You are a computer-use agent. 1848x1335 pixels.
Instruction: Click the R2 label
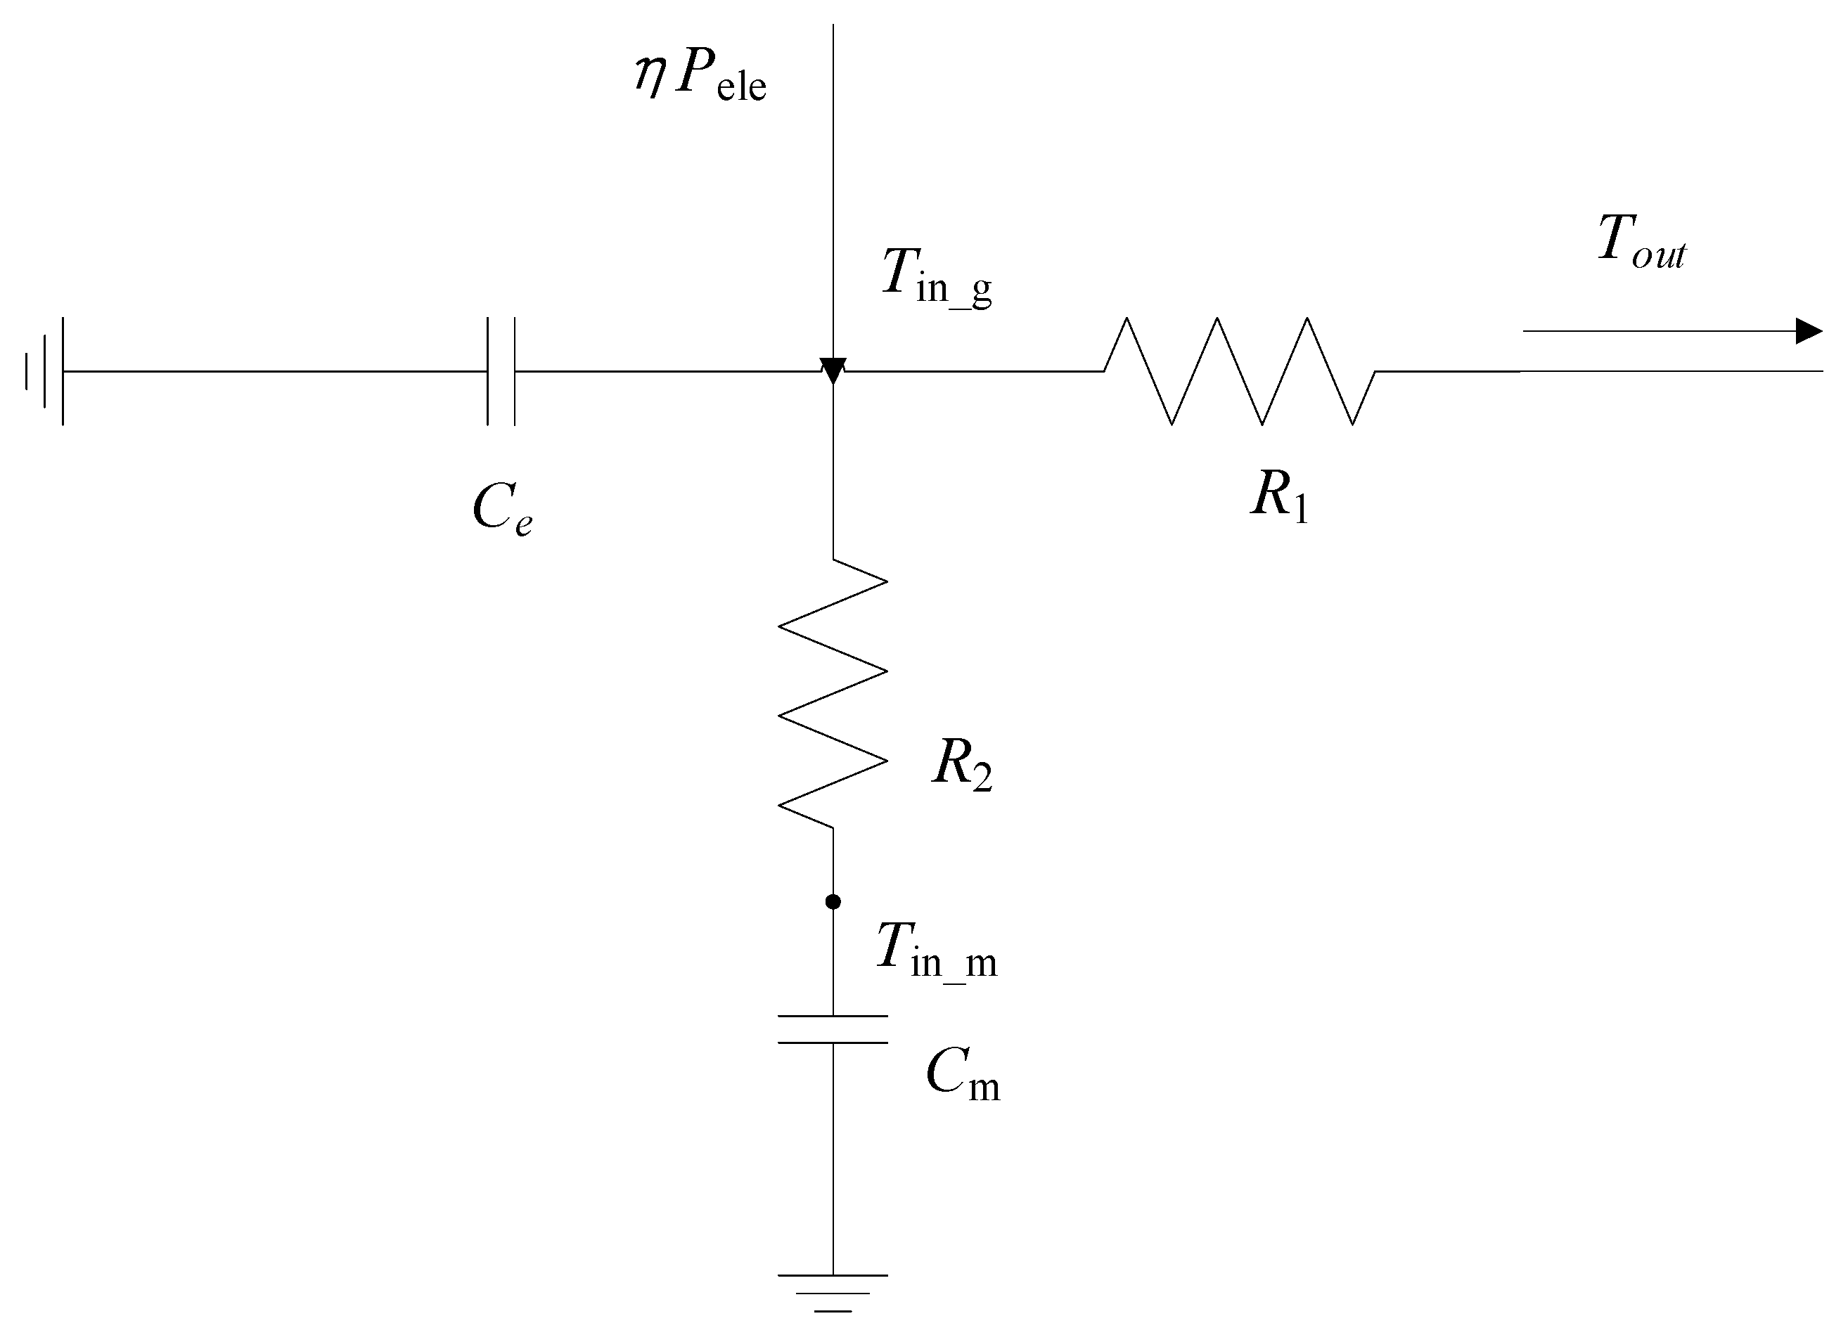[x=961, y=766]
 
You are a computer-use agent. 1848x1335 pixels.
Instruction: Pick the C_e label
[x=502, y=510]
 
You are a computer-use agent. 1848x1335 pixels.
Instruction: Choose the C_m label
[x=961, y=1075]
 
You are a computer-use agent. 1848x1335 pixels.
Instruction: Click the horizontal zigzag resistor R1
[x=1238, y=371]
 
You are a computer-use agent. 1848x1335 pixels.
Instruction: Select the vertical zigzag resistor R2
[x=833, y=693]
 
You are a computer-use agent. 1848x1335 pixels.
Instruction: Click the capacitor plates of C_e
[x=501, y=371]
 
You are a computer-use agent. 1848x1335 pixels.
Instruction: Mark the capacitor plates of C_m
[x=833, y=1030]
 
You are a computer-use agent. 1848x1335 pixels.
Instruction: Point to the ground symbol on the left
[x=45, y=371]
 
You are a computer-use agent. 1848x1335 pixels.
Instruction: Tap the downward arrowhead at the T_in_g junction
[x=833, y=370]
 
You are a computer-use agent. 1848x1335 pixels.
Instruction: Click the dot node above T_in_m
[x=833, y=902]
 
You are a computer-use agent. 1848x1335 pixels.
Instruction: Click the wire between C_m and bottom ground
[x=833, y=1156]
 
